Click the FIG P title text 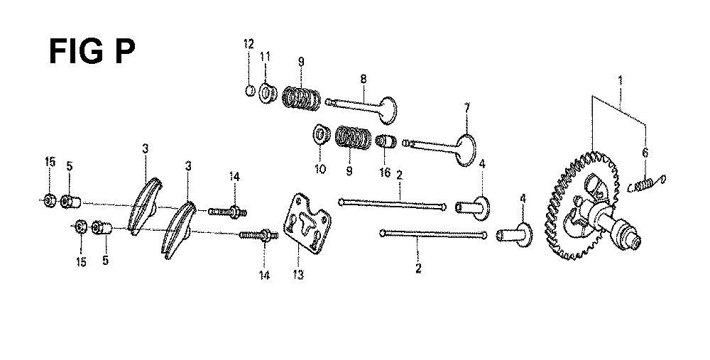[x=92, y=52]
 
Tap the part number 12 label [x=248, y=44]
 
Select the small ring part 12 [x=250, y=91]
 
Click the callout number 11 [x=265, y=57]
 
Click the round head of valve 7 [x=466, y=150]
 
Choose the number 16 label [x=385, y=173]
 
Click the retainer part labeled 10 [x=322, y=134]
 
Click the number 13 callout [x=298, y=274]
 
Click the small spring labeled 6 [x=645, y=185]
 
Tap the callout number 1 [x=621, y=82]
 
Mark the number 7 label [x=467, y=108]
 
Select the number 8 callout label [x=363, y=78]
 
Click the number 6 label [x=645, y=153]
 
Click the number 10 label [x=319, y=169]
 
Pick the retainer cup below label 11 [x=268, y=93]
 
